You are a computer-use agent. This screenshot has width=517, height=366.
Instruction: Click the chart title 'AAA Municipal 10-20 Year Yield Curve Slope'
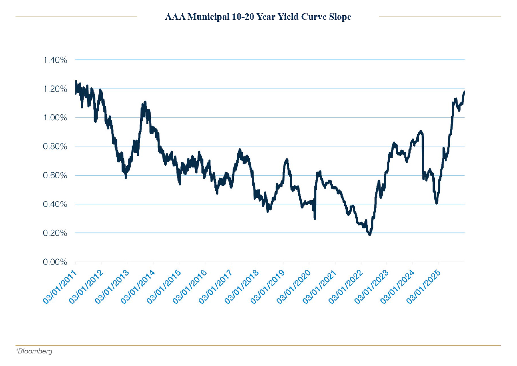[258, 17]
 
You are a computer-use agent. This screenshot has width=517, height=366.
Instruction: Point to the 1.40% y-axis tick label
[55, 60]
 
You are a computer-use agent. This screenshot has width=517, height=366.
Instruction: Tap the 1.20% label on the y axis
[55, 89]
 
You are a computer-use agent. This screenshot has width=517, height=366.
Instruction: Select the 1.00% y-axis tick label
[55, 118]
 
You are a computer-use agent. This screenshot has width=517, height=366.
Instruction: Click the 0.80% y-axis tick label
[55, 146]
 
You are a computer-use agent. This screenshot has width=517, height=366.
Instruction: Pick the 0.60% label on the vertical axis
[55, 175]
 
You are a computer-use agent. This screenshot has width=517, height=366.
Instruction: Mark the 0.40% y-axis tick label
[55, 204]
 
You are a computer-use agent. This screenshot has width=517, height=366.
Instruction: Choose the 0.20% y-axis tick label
[55, 233]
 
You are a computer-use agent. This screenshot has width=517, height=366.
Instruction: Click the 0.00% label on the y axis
[55, 262]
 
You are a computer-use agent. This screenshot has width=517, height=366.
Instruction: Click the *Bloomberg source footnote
[34, 351]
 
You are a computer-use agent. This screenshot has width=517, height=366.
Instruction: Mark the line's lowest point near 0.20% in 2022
[370, 234]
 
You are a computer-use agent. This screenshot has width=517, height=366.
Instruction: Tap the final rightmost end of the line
[464, 92]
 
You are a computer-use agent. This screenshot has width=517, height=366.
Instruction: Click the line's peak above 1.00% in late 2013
[145, 102]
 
